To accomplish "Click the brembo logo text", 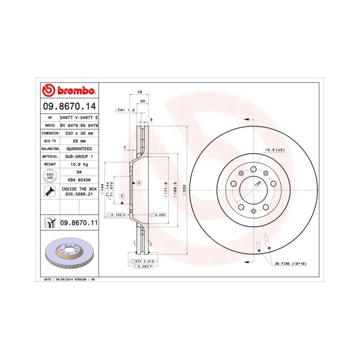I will click(x=75, y=92).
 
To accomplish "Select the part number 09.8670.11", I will click(x=79, y=222).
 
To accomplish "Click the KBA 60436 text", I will click(x=79, y=179).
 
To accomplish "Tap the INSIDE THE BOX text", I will click(x=79, y=189).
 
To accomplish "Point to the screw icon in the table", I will click(x=48, y=192).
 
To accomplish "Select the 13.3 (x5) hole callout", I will click(x=274, y=150).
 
